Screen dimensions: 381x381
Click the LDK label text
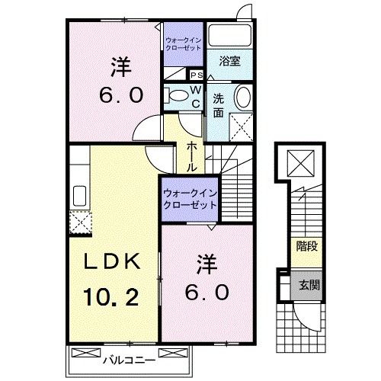pos(112,261)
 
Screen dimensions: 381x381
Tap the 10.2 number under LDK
pos(111,297)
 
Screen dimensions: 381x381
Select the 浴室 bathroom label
pos(229,61)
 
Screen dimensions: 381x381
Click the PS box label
pos(197,75)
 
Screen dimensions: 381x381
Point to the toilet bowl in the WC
pos(178,96)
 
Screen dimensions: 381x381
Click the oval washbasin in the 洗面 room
pos(244,98)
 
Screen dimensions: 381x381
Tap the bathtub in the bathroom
pos(229,36)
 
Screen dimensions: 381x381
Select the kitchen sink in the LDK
pos(79,196)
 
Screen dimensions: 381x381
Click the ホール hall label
pos(192,156)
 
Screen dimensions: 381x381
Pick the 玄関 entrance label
pos(309,286)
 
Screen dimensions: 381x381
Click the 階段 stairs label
pos(307,246)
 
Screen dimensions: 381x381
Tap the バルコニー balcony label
pos(129,360)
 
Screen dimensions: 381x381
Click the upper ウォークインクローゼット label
pos(184,44)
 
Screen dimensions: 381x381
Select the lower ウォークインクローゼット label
pos(190,200)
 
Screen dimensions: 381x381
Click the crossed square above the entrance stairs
pos(301,163)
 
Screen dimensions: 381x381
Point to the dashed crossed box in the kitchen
pos(81,223)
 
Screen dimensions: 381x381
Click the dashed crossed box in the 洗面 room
pos(241,127)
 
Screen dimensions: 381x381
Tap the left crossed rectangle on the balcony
pos(86,353)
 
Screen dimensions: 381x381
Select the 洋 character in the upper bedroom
pos(121,67)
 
